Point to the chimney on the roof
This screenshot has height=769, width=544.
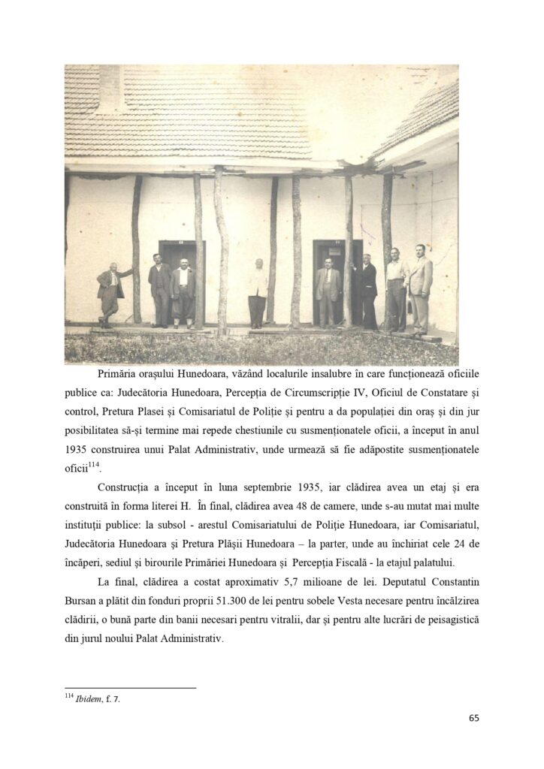(x=110, y=86)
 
